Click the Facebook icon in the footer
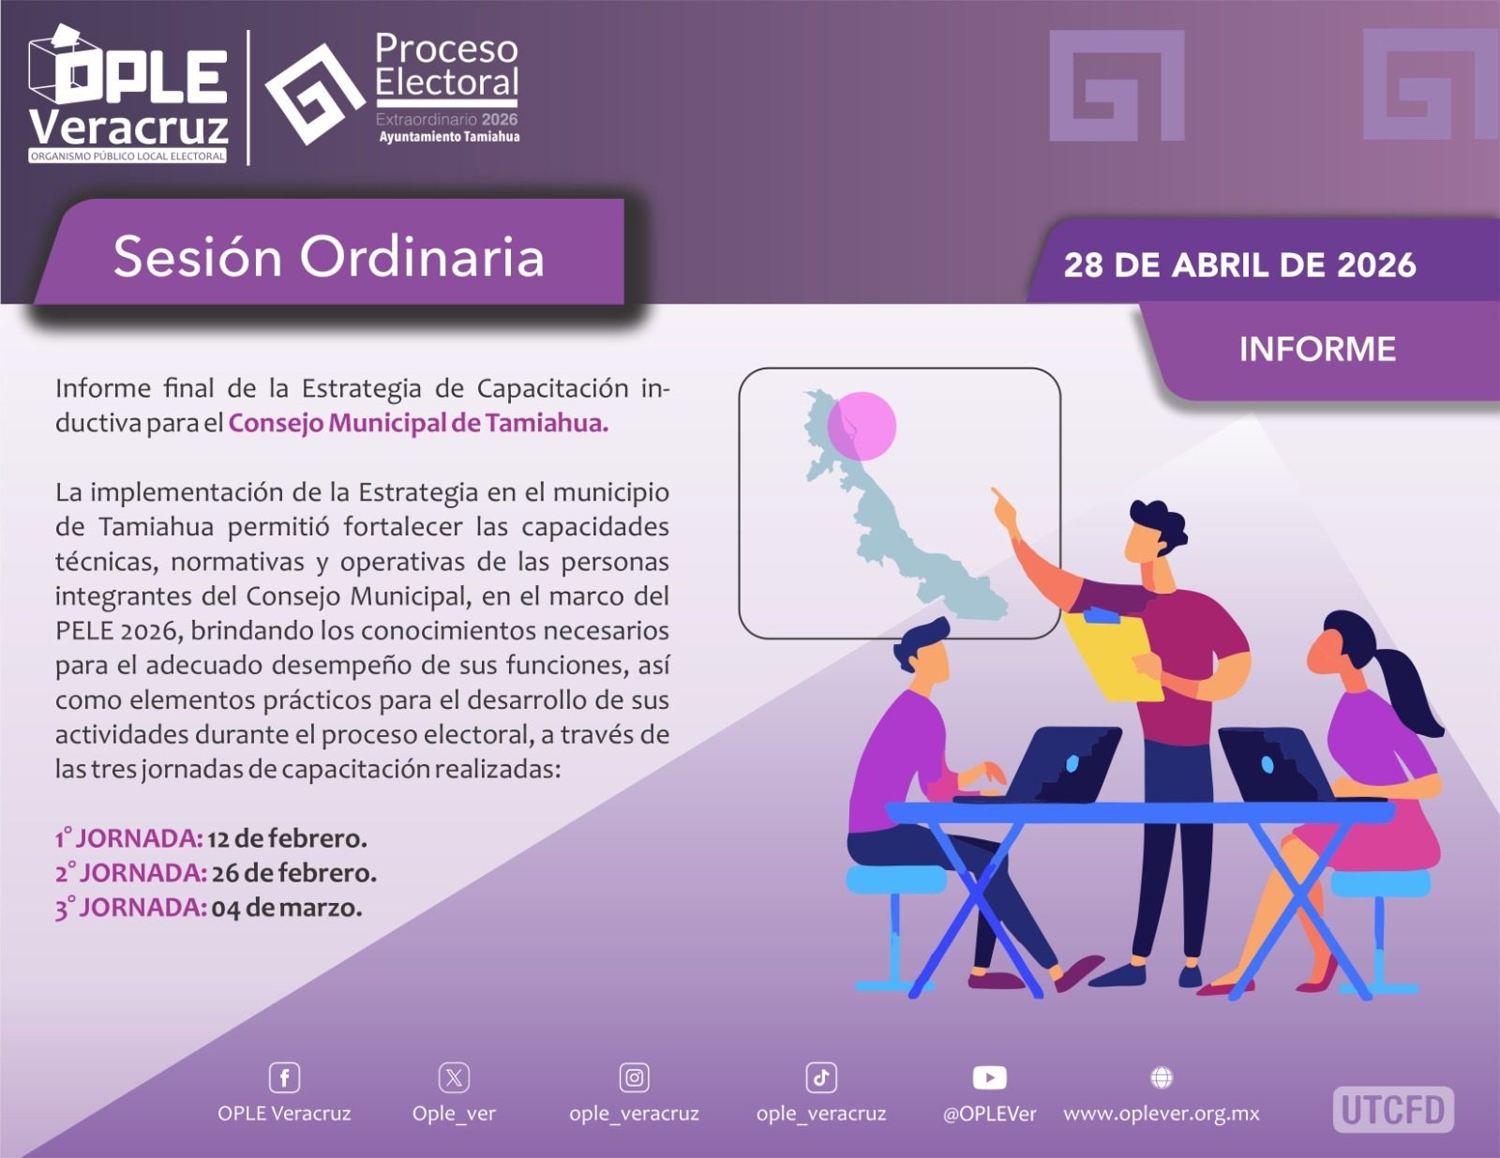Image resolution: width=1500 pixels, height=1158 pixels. (284, 1077)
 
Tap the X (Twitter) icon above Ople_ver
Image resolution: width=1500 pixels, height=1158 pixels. (454, 1077)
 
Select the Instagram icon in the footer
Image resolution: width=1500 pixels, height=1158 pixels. (635, 1077)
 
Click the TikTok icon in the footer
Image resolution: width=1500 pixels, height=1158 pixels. (820, 1077)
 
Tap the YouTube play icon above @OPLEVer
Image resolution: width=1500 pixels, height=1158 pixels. (989, 1077)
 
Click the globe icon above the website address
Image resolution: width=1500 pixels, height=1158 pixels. (1162, 1076)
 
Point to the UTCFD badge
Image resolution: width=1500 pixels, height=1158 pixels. (1393, 1109)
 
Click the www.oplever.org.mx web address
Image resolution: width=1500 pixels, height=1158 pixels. (1161, 1114)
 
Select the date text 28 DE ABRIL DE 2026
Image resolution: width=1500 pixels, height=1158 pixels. (1239, 265)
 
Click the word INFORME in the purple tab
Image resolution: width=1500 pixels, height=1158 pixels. (1317, 349)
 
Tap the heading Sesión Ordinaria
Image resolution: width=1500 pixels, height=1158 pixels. (328, 257)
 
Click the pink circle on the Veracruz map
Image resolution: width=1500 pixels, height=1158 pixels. (862, 426)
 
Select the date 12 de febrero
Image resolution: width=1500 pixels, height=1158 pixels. (287, 838)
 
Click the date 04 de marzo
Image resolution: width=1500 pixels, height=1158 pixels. (287, 908)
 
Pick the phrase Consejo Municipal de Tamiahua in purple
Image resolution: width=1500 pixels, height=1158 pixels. (418, 423)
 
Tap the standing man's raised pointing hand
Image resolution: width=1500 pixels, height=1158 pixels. (1004, 508)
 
